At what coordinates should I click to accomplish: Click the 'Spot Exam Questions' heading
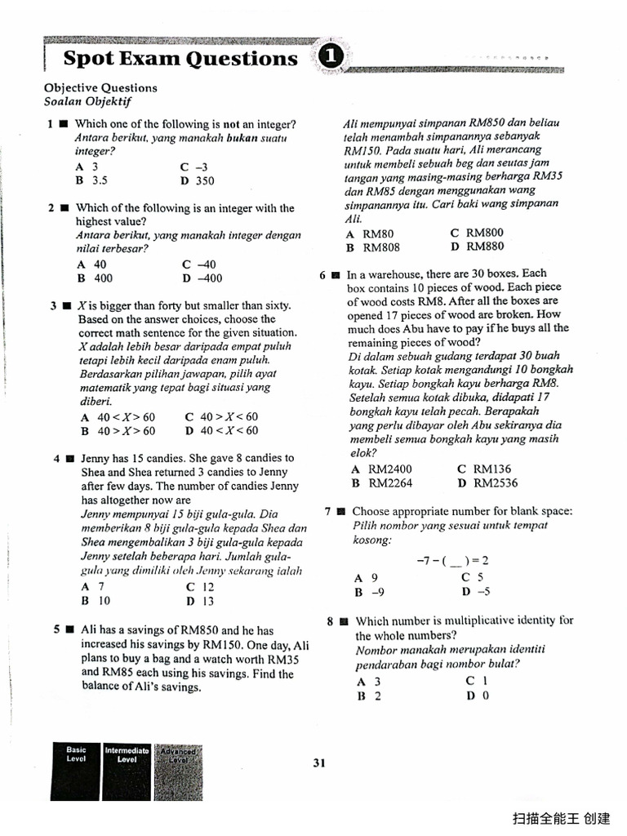pyautogui.click(x=180, y=59)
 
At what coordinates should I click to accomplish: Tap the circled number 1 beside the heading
pyautogui.click(x=329, y=56)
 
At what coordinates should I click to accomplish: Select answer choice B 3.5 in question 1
pyautogui.click(x=92, y=180)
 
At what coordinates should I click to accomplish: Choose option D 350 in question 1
pyautogui.click(x=198, y=180)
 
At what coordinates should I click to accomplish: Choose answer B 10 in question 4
pyautogui.click(x=95, y=600)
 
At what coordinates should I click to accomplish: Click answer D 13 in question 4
pyautogui.click(x=199, y=601)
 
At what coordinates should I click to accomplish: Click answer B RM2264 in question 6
pyautogui.click(x=380, y=483)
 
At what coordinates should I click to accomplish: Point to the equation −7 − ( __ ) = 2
pyautogui.click(x=451, y=561)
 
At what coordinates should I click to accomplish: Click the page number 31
pyautogui.click(x=319, y=763)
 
